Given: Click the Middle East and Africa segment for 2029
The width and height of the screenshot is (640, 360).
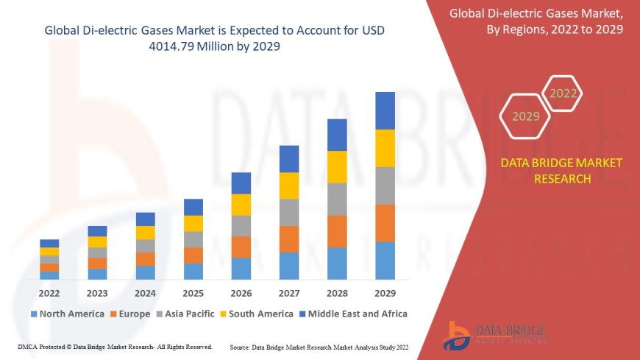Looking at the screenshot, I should [385, 110].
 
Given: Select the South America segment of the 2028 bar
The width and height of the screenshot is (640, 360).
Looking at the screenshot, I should [337, 166].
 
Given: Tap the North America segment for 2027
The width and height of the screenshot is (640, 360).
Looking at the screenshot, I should [289, 266].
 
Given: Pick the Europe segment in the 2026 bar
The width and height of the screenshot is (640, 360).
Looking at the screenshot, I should [241, 247].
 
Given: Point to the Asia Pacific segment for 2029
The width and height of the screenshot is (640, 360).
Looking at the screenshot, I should [385, 186].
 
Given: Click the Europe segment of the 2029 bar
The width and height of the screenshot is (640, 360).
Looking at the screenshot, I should [385, 223].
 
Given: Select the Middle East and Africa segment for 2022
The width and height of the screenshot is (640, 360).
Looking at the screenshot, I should [49, 243].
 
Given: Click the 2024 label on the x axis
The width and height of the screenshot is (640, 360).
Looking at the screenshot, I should [145, 292].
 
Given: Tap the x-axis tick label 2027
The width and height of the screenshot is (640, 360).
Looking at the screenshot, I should [289, 292].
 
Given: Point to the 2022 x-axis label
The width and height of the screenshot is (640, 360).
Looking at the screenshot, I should [49, 292].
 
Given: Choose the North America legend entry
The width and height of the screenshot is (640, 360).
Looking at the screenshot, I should [67, 314].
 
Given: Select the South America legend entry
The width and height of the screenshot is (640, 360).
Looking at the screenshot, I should [256, 314].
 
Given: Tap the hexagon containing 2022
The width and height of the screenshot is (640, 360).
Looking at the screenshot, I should [563, 93].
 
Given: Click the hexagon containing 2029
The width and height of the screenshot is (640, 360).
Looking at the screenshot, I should [525, 116].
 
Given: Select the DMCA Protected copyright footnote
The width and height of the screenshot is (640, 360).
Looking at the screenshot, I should [115, 346].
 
